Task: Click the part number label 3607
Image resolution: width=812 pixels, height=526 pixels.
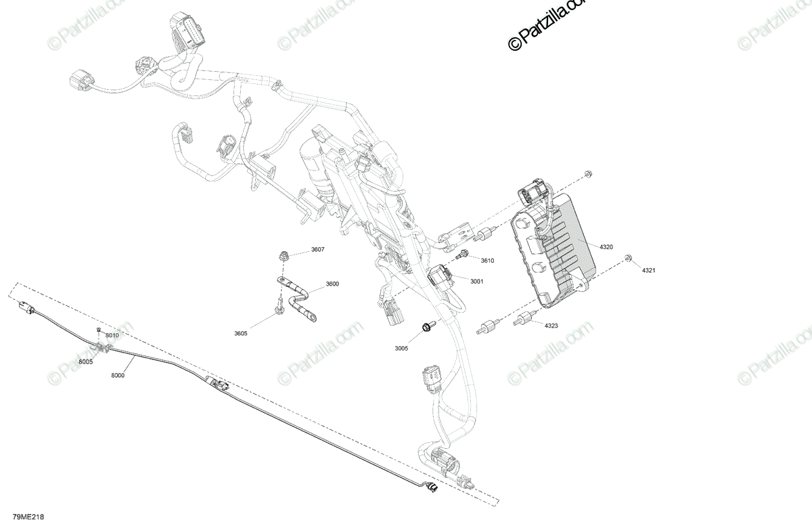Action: click(317, 250)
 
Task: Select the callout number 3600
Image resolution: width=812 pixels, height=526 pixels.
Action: click(332, 284)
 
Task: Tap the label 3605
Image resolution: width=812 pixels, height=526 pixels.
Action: click(240, 333)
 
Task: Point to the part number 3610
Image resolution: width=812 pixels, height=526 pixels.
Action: click(487, 261)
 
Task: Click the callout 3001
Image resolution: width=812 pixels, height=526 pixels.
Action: click(476, 281)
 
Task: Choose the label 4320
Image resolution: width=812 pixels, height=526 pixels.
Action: click(606, 247)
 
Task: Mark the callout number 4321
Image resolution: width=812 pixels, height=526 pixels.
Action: click(649, 271)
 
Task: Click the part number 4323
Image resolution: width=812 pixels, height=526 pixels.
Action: click(551, 326)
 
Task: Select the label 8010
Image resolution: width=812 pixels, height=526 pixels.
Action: click(112, 335)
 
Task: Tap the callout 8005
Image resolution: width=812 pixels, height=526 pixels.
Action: click(85, 361)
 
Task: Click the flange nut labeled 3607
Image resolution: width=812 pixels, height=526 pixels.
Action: click(283, 255)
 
